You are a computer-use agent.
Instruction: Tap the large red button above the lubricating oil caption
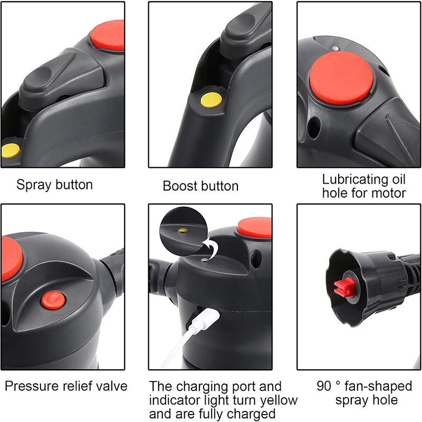point(341,78)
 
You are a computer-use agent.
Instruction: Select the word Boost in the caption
point(180,186)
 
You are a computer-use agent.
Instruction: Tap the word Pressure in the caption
point(28,386)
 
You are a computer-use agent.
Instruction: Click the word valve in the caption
point(112,386)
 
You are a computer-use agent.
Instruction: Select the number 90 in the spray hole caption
point(324,386)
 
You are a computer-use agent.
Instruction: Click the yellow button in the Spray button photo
point(10,150)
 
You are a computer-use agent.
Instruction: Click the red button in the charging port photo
point(255,227)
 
